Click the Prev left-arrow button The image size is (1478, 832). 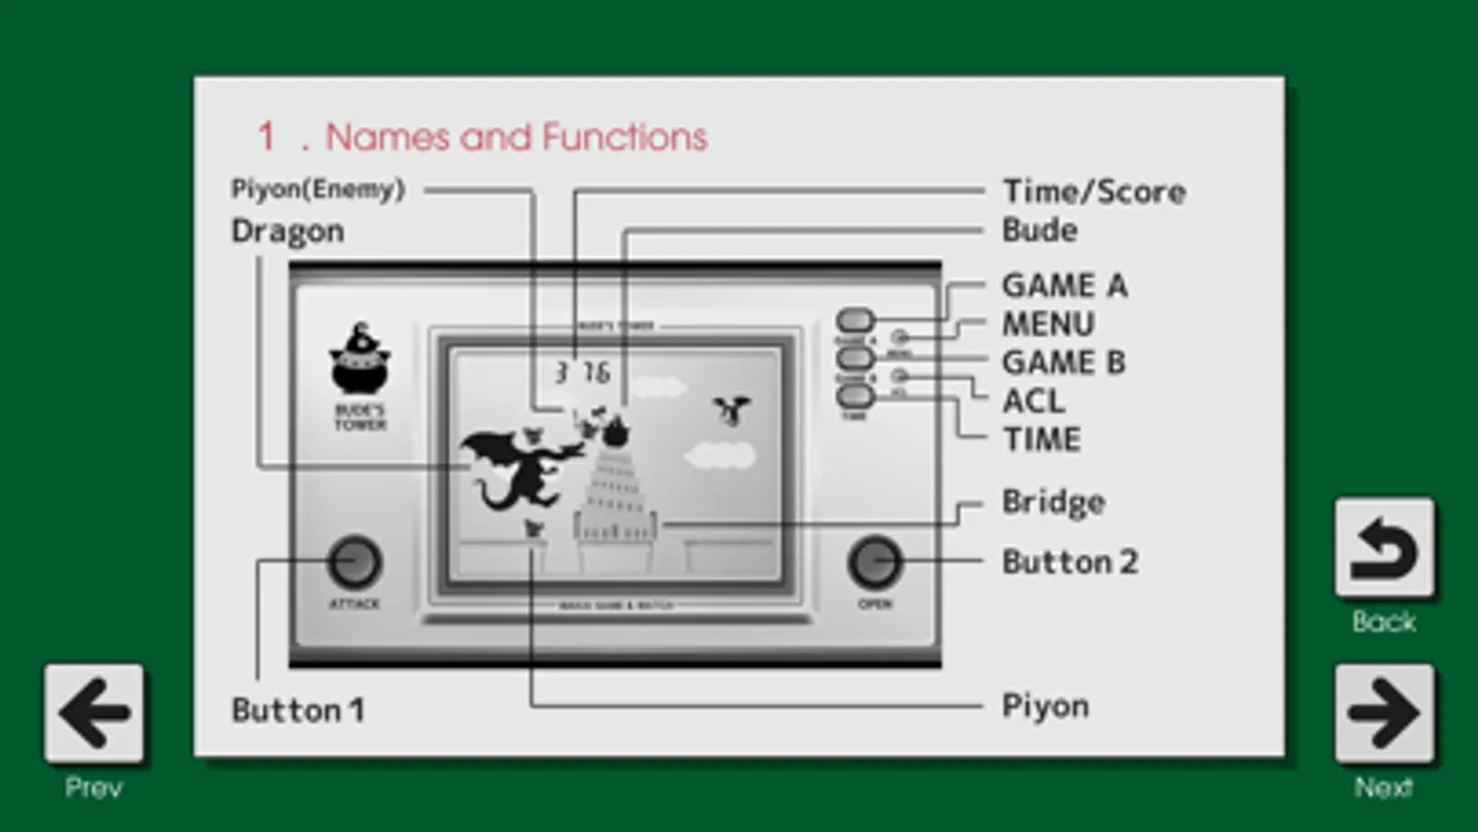93,713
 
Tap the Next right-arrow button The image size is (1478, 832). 1384,713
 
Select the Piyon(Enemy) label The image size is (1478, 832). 318,190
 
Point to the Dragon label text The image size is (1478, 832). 287,231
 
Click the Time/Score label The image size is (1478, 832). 1093,191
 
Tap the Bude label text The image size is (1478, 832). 1040,230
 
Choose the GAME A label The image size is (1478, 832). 1064,286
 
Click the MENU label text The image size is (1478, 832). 1048,324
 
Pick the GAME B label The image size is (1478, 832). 1064,362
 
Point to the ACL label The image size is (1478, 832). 1033,401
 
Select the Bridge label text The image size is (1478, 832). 1054,502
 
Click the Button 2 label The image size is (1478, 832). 1069,562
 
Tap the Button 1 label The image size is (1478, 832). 298,710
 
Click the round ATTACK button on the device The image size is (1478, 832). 355,562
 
